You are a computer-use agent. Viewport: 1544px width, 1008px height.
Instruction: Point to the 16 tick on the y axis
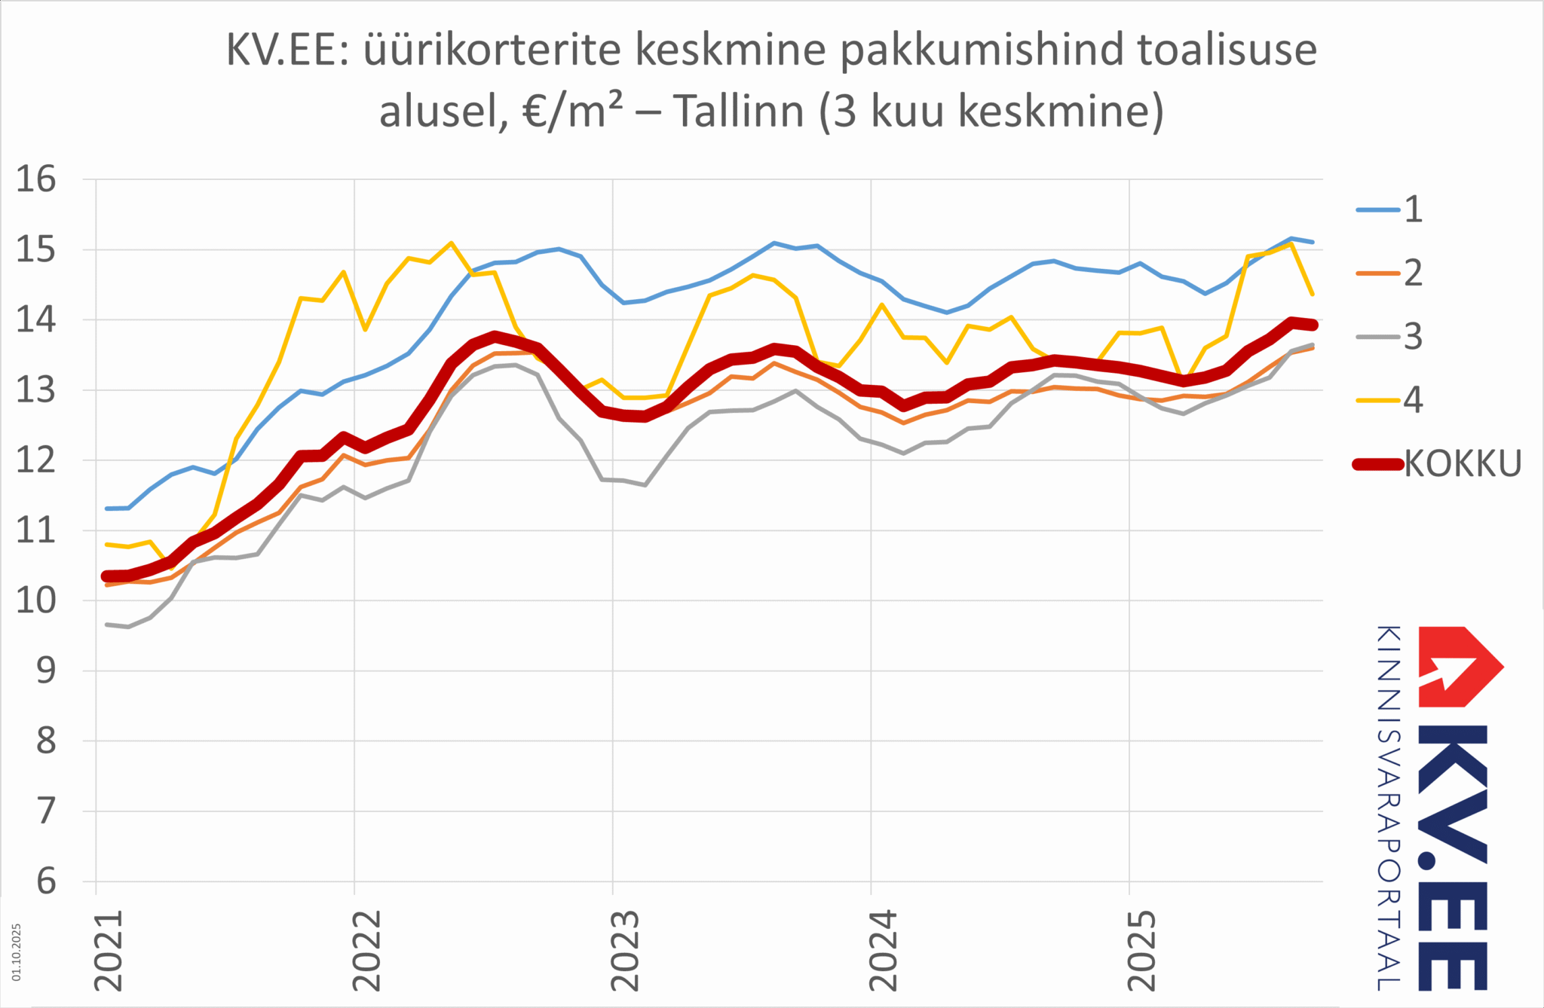point(36,179)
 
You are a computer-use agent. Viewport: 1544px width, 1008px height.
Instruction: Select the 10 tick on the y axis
point(36,600)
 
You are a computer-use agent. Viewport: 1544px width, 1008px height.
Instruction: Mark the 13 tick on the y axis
point(36,390)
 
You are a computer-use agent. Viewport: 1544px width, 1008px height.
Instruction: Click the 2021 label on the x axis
point(108,951)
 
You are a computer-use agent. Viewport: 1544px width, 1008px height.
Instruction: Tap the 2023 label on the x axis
point(624,951)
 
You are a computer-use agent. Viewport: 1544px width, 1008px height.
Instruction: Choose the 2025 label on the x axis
point(1141,951)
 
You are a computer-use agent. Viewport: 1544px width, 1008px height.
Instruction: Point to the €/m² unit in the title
point(572,111)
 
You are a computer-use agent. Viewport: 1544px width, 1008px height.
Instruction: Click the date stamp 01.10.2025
point(17,952)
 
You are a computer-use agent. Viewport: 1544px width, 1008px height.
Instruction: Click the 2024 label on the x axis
point(883,951)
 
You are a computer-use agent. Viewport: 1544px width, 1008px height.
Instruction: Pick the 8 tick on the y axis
point(46,741)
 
